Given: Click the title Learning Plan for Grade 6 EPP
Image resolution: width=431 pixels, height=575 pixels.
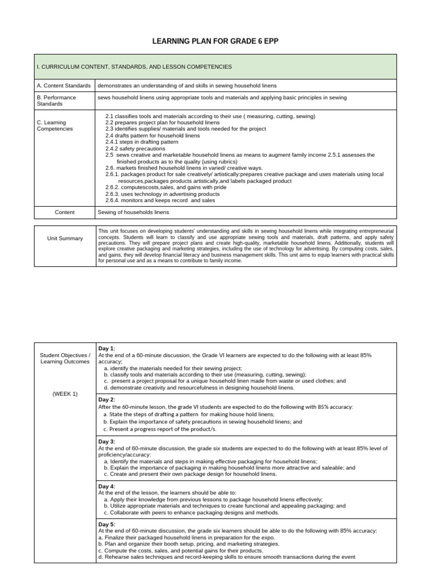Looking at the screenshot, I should [x=215, y=42].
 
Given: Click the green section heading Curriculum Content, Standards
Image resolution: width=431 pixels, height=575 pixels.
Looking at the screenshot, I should [x=134, y=67].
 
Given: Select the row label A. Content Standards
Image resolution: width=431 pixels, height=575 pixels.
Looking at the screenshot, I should [x=63, y=85].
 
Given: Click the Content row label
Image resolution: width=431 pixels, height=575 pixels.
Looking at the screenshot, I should [x=65, y=212].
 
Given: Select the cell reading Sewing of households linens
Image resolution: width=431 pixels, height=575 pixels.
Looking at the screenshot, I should [x=133, y=212].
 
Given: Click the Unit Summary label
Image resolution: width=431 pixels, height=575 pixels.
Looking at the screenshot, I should [x=65, y=238].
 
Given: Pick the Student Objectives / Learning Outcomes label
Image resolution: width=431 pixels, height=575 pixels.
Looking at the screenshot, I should [x=65, y=358].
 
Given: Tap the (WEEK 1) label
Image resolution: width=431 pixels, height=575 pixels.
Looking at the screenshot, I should [x=65, y=394].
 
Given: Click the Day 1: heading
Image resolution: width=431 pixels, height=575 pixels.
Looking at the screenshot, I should [x=107, y=349].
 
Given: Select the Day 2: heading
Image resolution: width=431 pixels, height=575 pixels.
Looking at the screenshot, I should [x=107, y=400].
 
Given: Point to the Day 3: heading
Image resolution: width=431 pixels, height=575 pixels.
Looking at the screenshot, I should [x=107, y=441].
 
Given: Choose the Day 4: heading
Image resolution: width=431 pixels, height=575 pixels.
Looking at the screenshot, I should [x=107, y=486].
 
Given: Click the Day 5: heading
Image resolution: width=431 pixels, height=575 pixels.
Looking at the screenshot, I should [x=107, y=524].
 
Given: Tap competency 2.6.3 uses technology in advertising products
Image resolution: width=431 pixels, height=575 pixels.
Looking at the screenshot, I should [x=162, y=194].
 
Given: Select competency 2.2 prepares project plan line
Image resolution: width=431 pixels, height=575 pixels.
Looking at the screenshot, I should [x=162, y=122].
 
